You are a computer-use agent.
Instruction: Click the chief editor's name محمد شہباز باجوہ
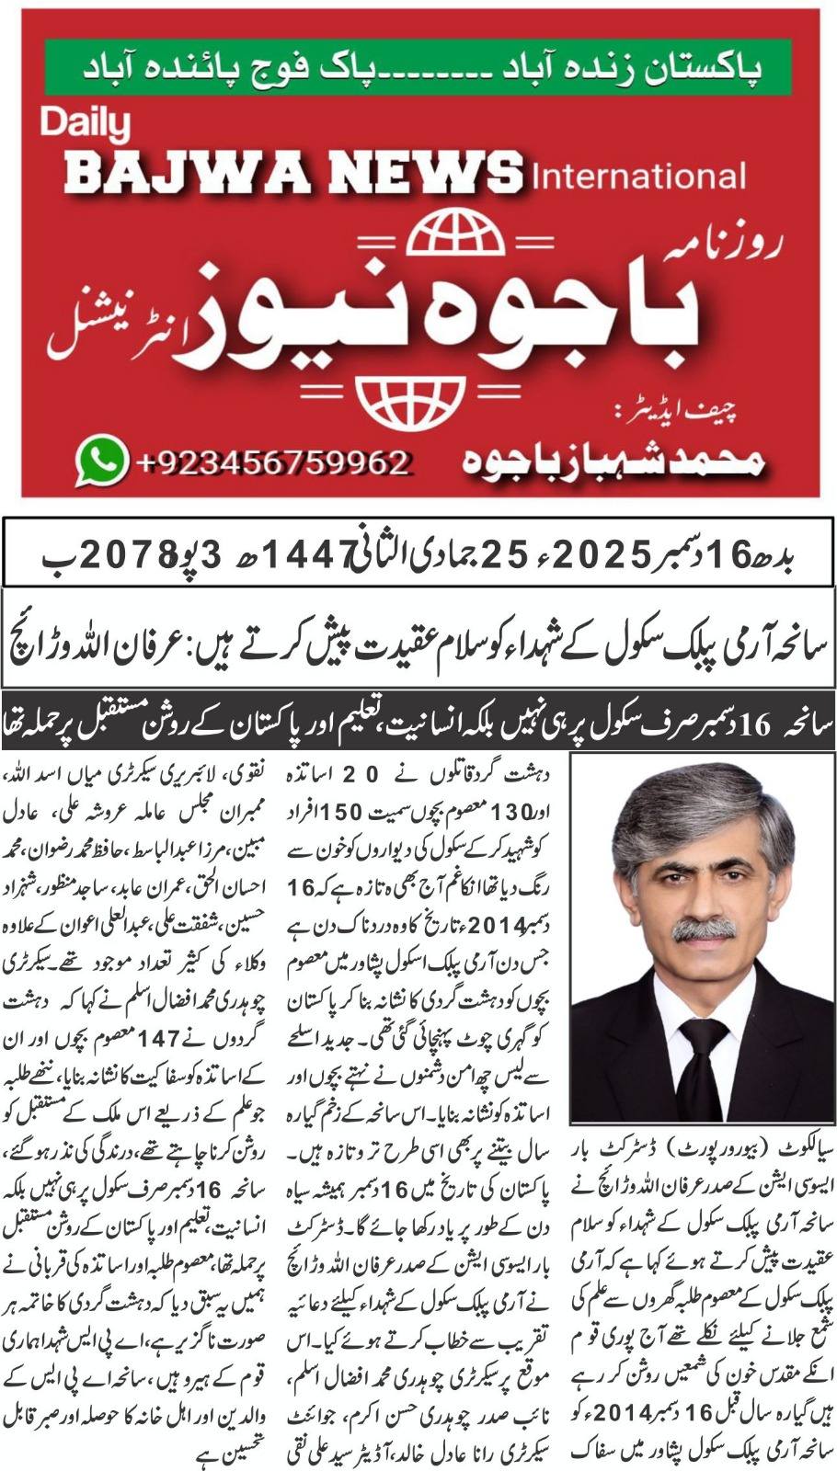tap(611, 461)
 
